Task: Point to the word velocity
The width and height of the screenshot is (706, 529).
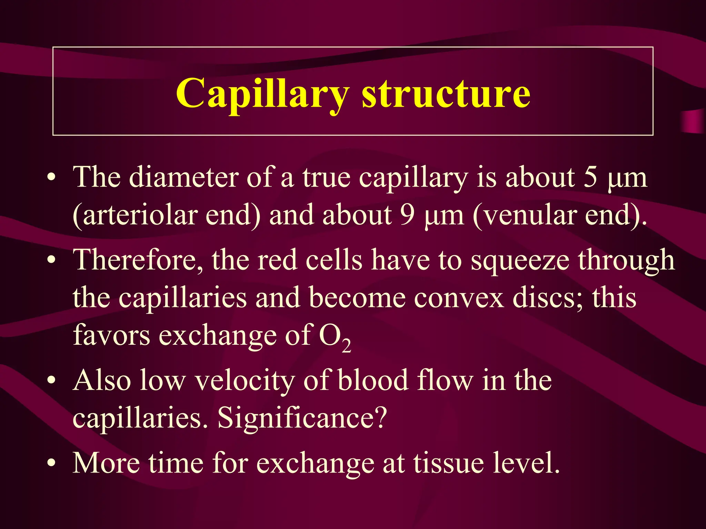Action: pyautogui.click(x=245, y=381)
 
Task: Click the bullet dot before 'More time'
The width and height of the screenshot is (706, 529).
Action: pyautogui.click(x=51, y=463)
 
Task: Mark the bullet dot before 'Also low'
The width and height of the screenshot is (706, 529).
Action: pyautogui.click(x=51, y=381)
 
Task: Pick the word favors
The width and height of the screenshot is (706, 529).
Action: pyautogui.click(x=111, y=336)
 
